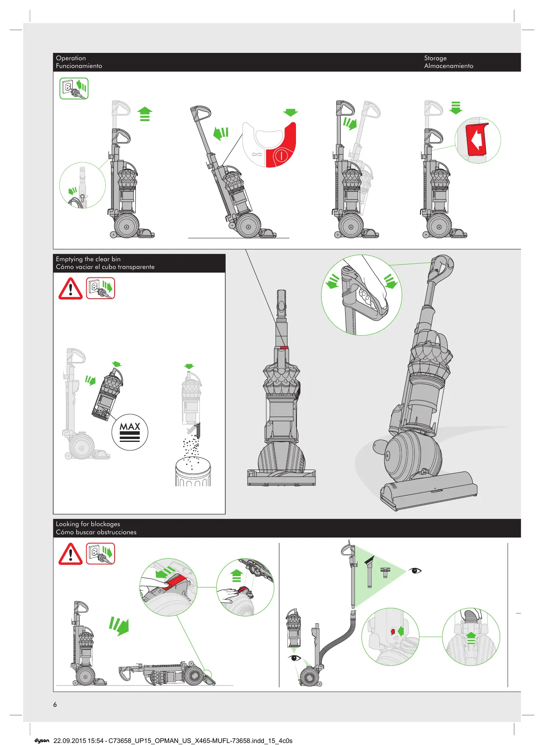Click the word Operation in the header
(x=71, y=58)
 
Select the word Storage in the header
(x=435, y=58)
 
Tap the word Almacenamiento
(x=448, y=66)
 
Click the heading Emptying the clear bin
(x=88, y=259)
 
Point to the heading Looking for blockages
(x=88, y=524)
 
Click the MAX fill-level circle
(x=130, y=432)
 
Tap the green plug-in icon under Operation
(x=74, y=88)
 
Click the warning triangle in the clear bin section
(x=71, y=288)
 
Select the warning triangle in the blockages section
(x=71, y=554)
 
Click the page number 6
(x=55, y=704)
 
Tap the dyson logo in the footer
(x=42, y=741)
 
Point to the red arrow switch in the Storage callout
(x=477, y=140)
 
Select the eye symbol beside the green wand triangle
(x=415, y=571)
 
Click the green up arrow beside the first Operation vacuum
(x=145, y=114)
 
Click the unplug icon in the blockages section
(x=101, y=554)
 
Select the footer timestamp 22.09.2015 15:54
(x=78, y=741)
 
